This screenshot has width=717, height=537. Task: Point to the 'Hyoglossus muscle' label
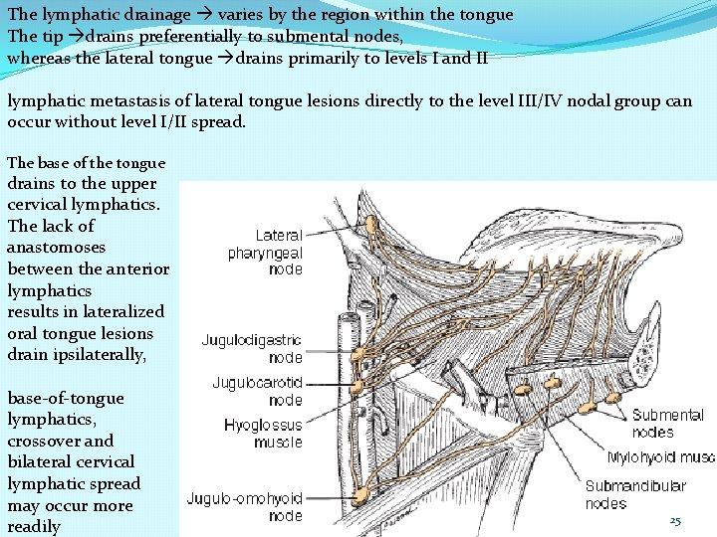click(263, 434)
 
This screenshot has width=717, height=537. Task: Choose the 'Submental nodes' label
click(667, 424)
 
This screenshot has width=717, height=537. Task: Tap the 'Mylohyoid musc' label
click(660, 458)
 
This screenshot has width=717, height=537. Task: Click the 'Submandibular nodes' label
click(634, 494)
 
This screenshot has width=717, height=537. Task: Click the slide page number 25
click(674, 521)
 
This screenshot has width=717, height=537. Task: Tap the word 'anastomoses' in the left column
click(56, 247)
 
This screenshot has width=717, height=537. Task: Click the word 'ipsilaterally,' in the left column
click(101, 355)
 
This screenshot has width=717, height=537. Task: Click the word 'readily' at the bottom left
click(34, 527)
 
